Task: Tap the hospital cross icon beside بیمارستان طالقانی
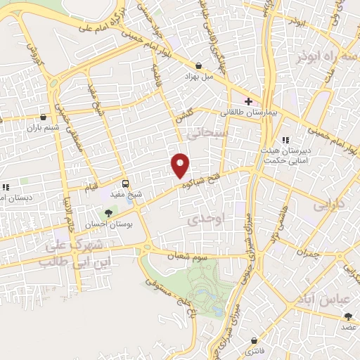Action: [248, 101]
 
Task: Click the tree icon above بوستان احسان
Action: [108, 212]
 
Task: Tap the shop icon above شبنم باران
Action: [45, 117]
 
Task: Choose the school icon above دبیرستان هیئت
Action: [285, 141]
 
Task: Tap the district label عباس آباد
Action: [326, 300]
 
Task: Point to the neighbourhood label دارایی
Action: [330, 207]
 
